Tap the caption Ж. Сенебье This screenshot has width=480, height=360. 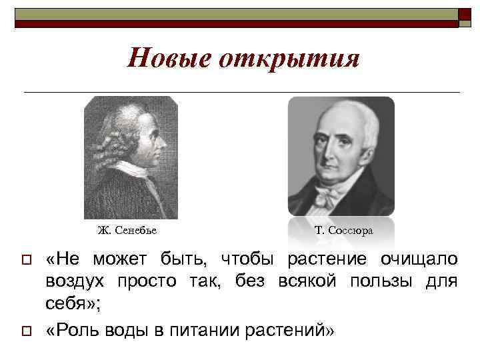tap(127, 231)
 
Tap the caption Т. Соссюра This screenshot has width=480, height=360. tap(344, 231)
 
